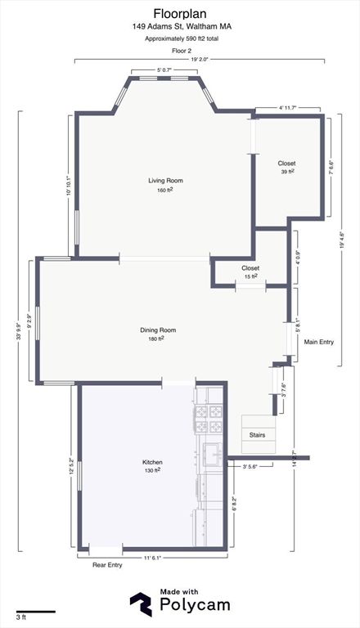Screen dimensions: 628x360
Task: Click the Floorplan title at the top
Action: (x=179, y=13)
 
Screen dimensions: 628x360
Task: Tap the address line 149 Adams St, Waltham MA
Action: (x=179, y=26)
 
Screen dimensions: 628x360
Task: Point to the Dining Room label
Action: (x=158, y=330)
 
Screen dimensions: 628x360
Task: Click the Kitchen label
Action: (x=153, y=462)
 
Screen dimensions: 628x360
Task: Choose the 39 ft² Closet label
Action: (x=286, y=164)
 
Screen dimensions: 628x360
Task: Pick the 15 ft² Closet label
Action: (x=250, y=268)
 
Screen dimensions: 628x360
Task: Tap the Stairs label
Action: (x=257, y=435)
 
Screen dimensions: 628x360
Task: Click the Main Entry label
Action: (x=318, y=342)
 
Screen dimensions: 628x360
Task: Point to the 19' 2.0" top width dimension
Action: (x=200, y=59)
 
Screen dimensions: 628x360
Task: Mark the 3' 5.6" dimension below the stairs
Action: (x=254, y=466)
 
